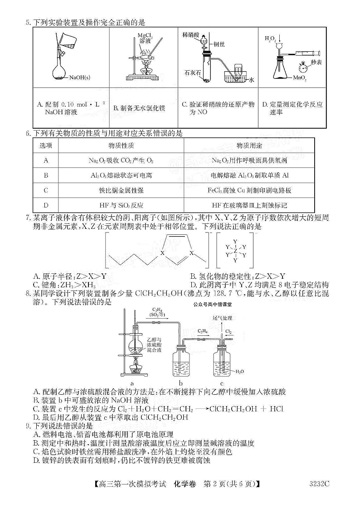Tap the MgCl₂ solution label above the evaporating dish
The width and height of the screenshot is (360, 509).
pyautogui.click(x=144, y=38)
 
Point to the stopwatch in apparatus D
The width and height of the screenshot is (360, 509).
pyautogui.click(x=306, y=68)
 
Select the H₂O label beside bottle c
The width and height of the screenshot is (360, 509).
pyautogui.click(x=239, y=371)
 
